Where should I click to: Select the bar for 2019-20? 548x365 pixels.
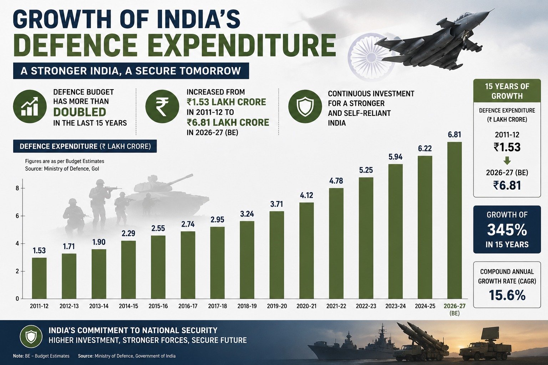click(277, 255)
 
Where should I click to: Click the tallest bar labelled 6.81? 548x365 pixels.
click(455, 220)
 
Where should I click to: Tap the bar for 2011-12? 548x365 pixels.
click(39, 278)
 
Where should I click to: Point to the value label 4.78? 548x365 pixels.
click(336, 181)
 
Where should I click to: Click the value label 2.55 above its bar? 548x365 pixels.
click(158, 228)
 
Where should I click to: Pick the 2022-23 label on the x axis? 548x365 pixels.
click(366, 306)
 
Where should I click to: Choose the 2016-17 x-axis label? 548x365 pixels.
click(188, 306)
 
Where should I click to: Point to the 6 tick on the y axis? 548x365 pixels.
click(17, 216)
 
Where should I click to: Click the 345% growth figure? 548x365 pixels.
click(507, 230)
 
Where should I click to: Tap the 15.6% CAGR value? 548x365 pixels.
click(507, 295)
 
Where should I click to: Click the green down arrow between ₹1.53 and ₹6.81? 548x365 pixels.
click(507, 161)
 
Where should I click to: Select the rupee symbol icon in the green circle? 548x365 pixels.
click(162, 107)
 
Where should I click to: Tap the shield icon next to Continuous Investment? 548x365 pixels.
click(305, 107)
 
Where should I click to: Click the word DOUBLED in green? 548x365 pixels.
click(80, 112)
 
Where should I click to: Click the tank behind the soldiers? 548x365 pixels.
click(169, 193)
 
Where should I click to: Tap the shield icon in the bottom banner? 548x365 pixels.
click(31, 336)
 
